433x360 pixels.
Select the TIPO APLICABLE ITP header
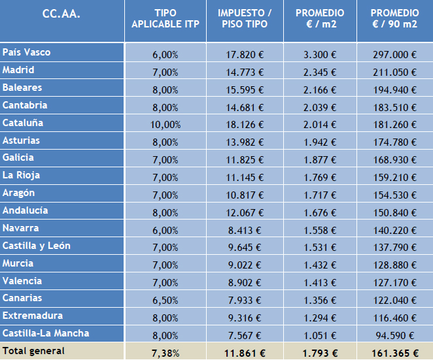[x=165, y=19]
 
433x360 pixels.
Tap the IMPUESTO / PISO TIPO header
[x=245, y=19]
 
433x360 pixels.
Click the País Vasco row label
[x=27, y=52]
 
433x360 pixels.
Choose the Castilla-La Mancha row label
[x=46, y=333]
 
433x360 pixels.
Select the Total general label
[x=33, y=351]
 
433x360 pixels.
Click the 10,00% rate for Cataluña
[x=165, y=124]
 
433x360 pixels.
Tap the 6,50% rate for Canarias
[x=165, y=300]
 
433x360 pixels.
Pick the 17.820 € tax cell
[x=245, y=54]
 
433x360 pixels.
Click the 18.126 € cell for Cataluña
[x=245, y=124]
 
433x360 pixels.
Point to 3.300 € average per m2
[x=320, y=54]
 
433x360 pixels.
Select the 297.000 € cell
[x=394, y=54]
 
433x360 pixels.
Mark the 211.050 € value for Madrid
[x=394, y=72]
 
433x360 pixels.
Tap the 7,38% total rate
[x=165, y=352]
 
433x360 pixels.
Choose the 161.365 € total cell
[x=394, y=352]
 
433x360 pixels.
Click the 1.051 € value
[x=320, y=335]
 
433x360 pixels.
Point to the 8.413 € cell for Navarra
[x=247, y=230]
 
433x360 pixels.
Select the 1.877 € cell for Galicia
[x=320, y=159]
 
